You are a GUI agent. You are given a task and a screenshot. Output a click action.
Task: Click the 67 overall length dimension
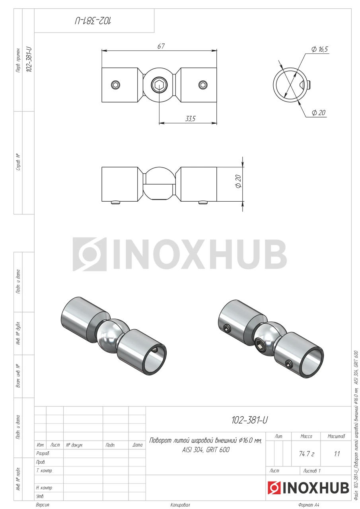(x=161, y=46)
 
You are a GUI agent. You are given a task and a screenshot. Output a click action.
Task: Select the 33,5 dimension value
(x=190, y=119)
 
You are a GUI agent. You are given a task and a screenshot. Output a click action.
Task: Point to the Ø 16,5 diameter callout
(x=319, y=49)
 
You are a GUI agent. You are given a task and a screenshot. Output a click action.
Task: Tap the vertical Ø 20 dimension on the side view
(x=238, y=181)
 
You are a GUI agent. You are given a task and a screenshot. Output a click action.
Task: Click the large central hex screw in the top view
(x=159, y=85)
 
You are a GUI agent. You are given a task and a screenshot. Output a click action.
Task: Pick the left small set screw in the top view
(x=116, y=85)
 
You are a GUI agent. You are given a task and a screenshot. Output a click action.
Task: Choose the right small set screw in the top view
(x=203, y=85)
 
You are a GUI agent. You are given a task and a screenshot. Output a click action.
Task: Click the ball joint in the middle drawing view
(x=159, y=184)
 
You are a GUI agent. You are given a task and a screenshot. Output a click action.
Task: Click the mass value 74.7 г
(x=306, y=454)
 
